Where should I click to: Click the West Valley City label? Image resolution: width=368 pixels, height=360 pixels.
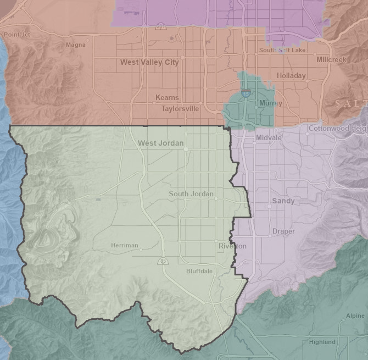[x=149, y=62]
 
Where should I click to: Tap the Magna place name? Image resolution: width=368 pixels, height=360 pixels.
[x=76, y=45]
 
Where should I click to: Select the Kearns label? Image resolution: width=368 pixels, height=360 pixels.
[x=167, y=98]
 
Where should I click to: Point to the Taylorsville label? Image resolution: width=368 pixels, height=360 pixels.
[x=180, y=109]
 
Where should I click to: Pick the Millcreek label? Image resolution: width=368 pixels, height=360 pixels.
[x=331, y=59]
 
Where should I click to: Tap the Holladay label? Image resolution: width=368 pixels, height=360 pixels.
[x=291, y=75]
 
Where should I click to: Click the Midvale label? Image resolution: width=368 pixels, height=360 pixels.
[x=269, y=137]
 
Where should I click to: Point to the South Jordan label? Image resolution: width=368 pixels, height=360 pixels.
[x=191, y=194]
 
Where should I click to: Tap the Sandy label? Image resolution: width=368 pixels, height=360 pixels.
[x=283, y=201]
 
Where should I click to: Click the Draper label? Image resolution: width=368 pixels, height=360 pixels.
[x=283, y=231]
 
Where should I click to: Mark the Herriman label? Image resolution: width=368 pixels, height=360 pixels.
[x=124, y=245]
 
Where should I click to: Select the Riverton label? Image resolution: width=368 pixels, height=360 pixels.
[x=232, y=246]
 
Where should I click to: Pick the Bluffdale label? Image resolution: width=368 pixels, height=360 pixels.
[x=199, y=272]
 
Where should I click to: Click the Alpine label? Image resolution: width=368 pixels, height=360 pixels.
[x=355, y=316]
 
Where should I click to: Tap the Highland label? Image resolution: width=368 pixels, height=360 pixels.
[x=322, y=341]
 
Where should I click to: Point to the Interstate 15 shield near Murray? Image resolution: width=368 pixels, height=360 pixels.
[x=246, y=93]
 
